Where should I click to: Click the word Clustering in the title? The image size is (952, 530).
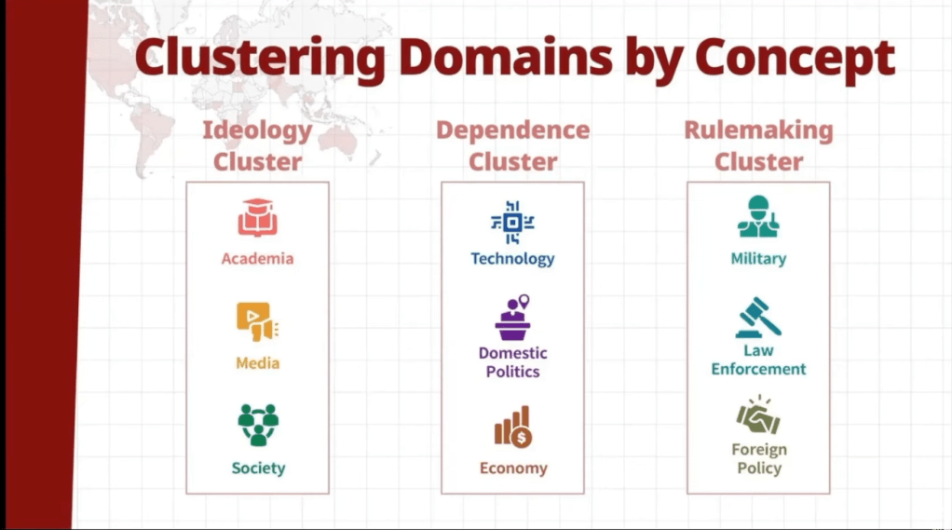coord(258,60)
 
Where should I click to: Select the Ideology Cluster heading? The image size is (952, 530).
coord(257,145)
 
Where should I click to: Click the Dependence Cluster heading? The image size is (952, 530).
coord(512,145)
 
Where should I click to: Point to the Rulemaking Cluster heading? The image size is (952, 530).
coord(758,145)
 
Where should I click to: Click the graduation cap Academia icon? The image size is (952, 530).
coord(257,219)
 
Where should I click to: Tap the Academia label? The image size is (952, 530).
coord(257,259)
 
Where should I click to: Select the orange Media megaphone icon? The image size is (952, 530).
coord(257,322)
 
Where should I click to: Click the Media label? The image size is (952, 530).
coord(257,363)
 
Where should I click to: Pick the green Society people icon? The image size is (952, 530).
coord(258,424)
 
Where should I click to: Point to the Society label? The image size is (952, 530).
coord(258,469)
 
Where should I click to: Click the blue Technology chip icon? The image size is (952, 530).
coord(512,222)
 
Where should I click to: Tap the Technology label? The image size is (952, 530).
coord(512,259)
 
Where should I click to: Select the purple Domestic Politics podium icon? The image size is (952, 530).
coord(512,319)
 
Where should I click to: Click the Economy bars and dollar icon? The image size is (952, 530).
coord(512,427)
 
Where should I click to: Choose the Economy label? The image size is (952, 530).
coord(512,469)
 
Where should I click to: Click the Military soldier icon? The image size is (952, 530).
coord(758,218)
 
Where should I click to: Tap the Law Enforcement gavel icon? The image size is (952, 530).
coord(758,318)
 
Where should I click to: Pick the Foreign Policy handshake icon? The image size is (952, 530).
coord(758,415)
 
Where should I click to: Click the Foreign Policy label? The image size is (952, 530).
coord(758,458)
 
